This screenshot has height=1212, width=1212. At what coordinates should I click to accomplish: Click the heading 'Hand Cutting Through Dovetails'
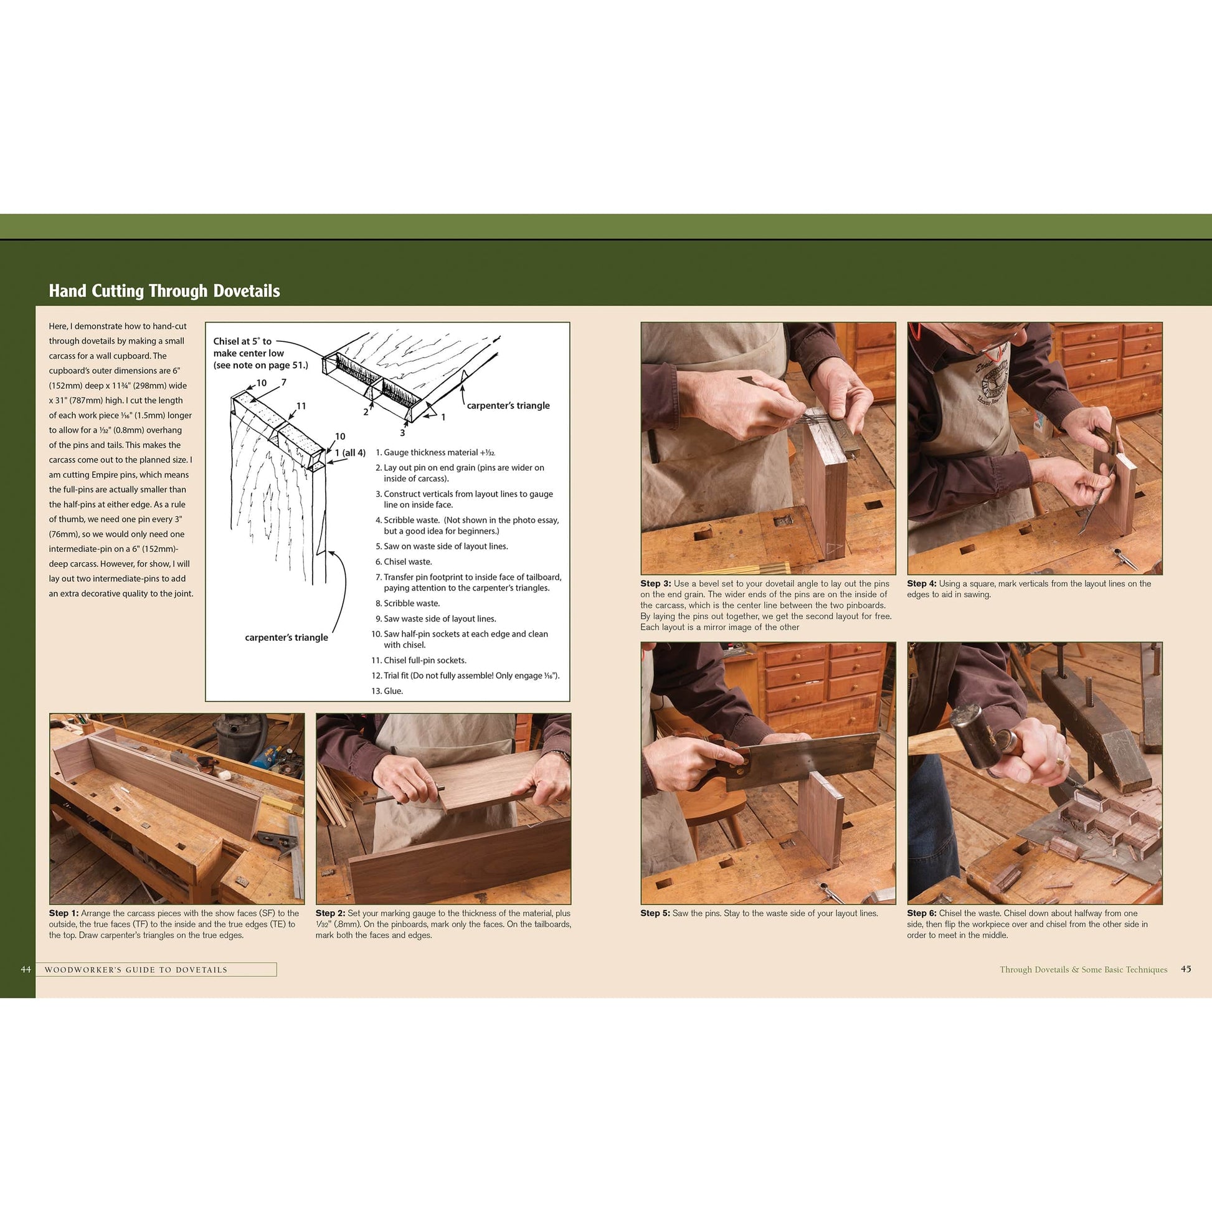[x=164, y=291]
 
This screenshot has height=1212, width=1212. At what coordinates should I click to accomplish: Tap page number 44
[x=26, y=969]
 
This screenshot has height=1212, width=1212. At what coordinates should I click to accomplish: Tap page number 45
[x=1185, y=968]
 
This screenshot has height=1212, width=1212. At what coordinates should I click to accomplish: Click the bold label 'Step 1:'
[x=64, y=914]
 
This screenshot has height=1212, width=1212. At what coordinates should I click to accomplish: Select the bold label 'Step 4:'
[x=922, y=584]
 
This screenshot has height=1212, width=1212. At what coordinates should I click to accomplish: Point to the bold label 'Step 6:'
[x=922, y=914]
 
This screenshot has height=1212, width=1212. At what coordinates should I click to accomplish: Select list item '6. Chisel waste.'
[x=404, y=561]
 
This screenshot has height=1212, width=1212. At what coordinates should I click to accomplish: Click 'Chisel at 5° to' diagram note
[x=242, y=341]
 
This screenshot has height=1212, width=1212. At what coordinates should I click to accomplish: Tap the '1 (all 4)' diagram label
[x=350, y=453]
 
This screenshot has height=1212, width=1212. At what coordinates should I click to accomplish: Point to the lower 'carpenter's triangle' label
[x=286, y=637]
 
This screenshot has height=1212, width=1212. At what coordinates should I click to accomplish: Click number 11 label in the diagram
[x=301, y=406]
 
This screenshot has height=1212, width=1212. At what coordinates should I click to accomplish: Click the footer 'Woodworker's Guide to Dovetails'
[x=136, y=970]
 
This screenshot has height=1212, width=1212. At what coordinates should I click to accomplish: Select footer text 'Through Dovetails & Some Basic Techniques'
[x=1084, y=969]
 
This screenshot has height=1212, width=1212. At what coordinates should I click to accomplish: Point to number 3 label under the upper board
[x=402, y=433]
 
